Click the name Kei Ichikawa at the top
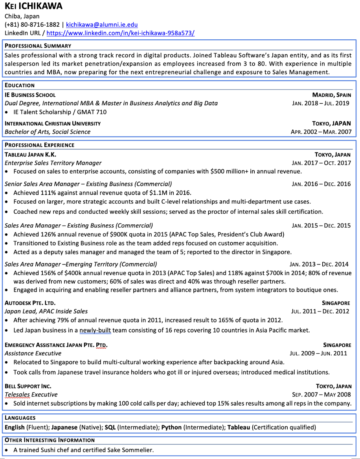click(x=33, y=7)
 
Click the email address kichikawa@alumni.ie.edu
click(x=102, y=25)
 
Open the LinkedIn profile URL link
click(x=120, y=33)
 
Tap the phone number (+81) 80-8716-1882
click(x=32, y=25)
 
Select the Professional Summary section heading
click(x=38, y=46)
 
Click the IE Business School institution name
click(x=30, y=95)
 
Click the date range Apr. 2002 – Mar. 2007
click(x=321, y=132)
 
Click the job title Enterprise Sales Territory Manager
click(x=53, y=163)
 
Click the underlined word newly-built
click(x=95, y=330)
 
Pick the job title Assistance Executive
click(x=33, y=353)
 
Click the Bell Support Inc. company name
click(x=28, y=386)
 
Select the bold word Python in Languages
click(x=171, y=427)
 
